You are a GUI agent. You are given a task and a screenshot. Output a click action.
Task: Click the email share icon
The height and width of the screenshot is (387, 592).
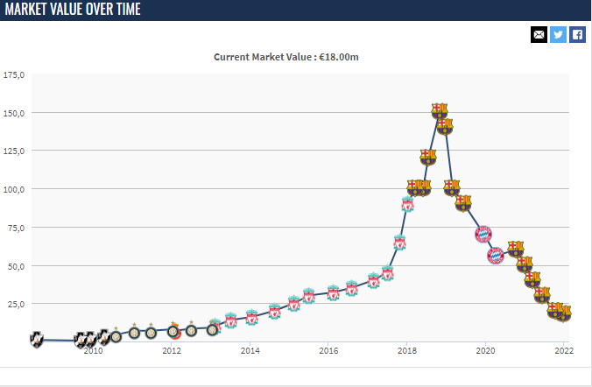click(539, 34)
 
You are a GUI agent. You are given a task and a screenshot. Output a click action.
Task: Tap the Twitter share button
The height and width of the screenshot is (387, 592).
click(558, 34)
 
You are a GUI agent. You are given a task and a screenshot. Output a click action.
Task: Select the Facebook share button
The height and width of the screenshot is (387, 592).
click(577, 34)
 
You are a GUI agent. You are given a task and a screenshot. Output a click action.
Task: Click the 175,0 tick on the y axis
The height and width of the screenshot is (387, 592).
click(14, 75)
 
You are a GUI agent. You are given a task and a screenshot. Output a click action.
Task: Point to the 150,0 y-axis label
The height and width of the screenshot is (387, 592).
click(14, 113)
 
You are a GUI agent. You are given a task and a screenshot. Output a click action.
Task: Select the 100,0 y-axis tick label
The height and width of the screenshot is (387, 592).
click(14, 189)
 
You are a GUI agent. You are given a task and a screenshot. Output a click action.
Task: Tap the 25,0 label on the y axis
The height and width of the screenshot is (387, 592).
click(16, 304)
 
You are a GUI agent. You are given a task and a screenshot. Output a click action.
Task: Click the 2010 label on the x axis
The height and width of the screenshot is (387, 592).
click(93, 351)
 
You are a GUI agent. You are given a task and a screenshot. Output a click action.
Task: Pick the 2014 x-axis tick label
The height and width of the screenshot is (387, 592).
click(250, 351)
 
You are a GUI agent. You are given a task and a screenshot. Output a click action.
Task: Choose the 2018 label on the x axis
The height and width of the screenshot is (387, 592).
click(407, 351)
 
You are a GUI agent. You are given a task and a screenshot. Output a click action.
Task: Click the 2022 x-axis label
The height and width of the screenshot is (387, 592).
click(562, 351)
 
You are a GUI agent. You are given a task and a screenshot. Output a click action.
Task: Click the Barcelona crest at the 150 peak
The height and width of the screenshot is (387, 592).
click(440, 111)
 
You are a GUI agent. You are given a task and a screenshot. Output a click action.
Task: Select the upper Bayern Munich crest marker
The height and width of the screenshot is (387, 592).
click(483, 234)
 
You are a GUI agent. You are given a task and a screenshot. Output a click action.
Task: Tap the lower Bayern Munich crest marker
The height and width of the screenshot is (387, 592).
click(495, 256)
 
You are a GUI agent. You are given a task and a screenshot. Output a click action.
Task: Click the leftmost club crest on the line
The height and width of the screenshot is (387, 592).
click(37, 338)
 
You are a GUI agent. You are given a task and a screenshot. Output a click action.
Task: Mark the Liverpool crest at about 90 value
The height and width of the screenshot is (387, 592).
click(407, 205)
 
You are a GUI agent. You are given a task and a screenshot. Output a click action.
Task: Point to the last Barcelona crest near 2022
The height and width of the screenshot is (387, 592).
click(564, 313)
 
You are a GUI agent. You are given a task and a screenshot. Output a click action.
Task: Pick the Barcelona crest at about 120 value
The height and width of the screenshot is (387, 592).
click(427, 158)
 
